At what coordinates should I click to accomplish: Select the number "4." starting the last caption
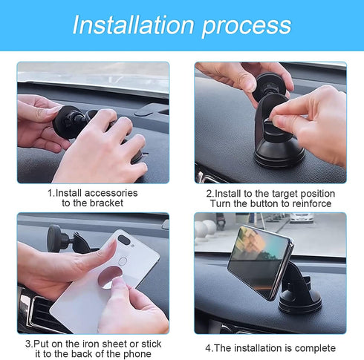coord(209,348)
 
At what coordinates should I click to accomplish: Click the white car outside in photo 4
coord(301,217)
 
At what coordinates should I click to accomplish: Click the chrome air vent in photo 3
coord(27,307)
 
